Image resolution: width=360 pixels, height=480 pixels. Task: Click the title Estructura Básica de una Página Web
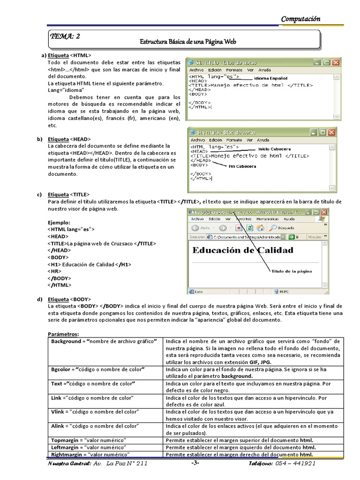coord(188,42)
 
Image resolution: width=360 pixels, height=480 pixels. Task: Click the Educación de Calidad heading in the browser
coord(243,250)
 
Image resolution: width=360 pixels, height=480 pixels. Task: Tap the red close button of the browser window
coord(331,212)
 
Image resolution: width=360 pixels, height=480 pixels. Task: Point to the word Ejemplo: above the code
coord(59,222)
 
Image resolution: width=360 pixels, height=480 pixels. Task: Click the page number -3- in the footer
coord(195,464)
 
